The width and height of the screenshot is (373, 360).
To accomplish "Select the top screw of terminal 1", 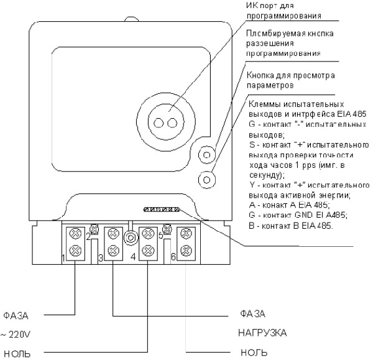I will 75,234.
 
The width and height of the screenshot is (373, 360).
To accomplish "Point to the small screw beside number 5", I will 167,229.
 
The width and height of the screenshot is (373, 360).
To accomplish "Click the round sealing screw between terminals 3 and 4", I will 131,237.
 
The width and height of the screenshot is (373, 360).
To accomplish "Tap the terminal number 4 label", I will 133,256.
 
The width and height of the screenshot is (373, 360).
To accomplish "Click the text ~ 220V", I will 16,335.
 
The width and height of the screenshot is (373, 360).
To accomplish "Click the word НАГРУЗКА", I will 263,333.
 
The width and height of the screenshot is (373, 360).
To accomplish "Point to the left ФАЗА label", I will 16,315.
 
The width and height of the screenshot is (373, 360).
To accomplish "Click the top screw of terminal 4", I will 147,234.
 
